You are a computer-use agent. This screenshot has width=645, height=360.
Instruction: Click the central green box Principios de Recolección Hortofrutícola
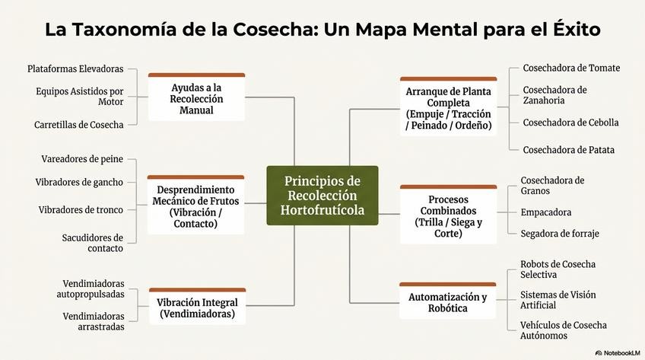322,196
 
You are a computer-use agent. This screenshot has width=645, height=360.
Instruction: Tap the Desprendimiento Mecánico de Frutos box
196,205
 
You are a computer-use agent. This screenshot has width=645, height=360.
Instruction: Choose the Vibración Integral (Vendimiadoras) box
196,307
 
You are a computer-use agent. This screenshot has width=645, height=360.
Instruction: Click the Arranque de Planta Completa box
448,107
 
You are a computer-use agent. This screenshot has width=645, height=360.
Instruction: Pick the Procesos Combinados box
448,216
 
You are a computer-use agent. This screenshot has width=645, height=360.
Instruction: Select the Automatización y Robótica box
448,302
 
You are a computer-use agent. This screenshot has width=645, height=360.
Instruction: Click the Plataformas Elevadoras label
75,69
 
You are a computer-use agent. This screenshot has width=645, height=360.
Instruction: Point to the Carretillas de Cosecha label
79,125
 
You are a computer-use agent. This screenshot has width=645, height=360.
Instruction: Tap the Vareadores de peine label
82,159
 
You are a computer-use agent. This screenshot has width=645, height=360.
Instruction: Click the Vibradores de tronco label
81,209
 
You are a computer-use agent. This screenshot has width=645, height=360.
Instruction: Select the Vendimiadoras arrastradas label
94,321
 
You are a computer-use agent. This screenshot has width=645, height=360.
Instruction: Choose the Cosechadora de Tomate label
571,68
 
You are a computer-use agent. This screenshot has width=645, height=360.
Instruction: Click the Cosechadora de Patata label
568,150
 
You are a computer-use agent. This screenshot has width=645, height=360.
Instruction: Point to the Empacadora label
545,212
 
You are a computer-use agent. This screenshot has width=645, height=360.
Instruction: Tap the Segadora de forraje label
559,234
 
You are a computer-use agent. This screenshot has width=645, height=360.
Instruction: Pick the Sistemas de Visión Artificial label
558,300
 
